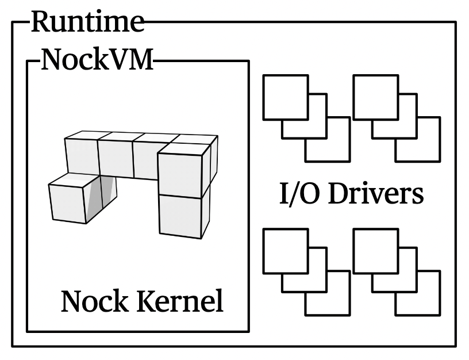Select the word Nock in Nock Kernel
click(92, 301)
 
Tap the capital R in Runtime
click(40, 22)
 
